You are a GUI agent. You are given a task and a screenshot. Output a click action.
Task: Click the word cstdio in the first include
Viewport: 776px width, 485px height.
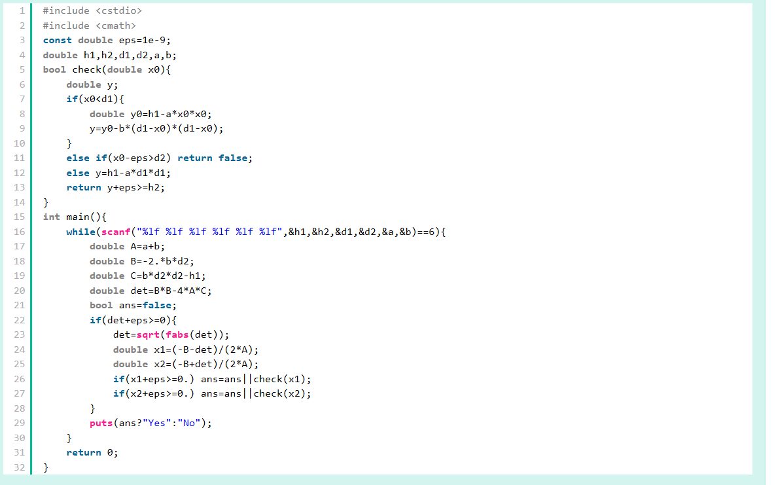[119, 11]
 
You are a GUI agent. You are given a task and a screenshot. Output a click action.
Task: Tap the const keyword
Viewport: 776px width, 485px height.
[58, 40]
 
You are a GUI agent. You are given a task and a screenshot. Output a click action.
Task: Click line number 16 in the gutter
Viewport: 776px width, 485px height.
[19, 232]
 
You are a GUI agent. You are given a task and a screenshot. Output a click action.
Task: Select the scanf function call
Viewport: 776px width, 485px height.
[116, 232]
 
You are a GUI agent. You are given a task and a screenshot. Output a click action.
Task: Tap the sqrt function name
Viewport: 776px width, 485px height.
[148, 334]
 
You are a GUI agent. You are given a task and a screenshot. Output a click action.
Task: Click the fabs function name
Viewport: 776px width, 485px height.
[177, 334]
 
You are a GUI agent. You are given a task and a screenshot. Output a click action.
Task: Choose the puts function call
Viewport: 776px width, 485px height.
[101, 423]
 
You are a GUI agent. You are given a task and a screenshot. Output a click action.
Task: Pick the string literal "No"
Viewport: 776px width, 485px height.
[189, 423]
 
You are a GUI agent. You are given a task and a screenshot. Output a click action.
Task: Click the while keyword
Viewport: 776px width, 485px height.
[80, 232]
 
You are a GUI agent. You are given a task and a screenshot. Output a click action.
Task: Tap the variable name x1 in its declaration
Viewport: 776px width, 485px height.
[160, 350]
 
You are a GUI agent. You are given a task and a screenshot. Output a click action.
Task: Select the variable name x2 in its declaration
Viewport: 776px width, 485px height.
[160, 365]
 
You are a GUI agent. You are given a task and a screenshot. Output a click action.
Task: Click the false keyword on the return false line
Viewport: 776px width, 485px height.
[232, 158]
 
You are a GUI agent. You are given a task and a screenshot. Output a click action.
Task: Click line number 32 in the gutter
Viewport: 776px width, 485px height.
[19, 467]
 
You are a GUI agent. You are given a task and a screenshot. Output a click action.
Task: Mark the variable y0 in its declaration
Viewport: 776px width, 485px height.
[136, 114]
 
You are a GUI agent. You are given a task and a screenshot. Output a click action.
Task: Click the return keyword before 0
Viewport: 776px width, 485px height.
[84, 452]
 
